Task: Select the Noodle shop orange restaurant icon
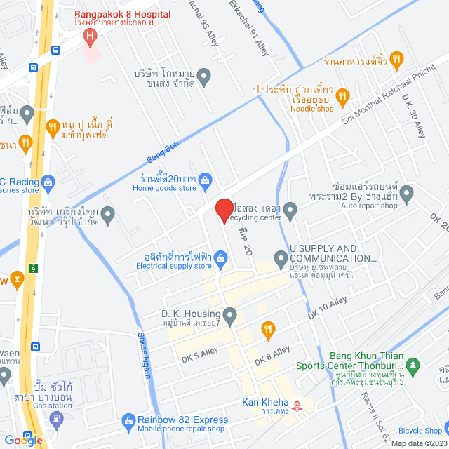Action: coord(343,95)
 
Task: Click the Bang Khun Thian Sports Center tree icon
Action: coord(413,365)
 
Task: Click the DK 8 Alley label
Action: coord(272,356)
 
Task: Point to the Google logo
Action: coord(22,440)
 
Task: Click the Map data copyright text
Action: coord(420,443)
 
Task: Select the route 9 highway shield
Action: coord(33,267)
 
